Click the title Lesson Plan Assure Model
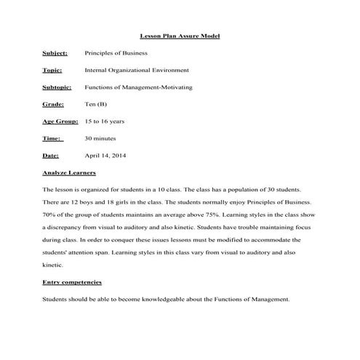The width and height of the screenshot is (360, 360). pyautogui.click(x=180, y=36)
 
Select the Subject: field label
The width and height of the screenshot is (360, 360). pyautogui.click(x=55, y=53)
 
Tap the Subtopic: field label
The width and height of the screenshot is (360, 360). pyautogui.click(x=57, y=87)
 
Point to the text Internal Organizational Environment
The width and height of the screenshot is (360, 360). pyautogui.click(x=137, y=71)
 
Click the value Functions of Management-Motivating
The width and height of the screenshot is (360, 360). pyautogui.click(x=138, y=87)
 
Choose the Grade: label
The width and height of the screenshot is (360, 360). pyautogui.click(x=54, y=104)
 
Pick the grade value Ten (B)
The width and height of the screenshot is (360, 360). pyautogui.click(x=96, y=104)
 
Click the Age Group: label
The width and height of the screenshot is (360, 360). pyautogui.click(x=60, y=121)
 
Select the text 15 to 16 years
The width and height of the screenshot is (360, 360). pyautogui.click(x=105, y=121)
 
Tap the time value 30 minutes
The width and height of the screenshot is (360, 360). pyautogui.click(x=100, y=138)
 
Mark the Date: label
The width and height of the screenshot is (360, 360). pyautogui.click(x=51, y=156)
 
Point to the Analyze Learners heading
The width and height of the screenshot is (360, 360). pyautogui.click(x=70, y=173)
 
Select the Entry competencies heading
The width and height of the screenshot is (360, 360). pyautogui.click(x=72, y=281)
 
